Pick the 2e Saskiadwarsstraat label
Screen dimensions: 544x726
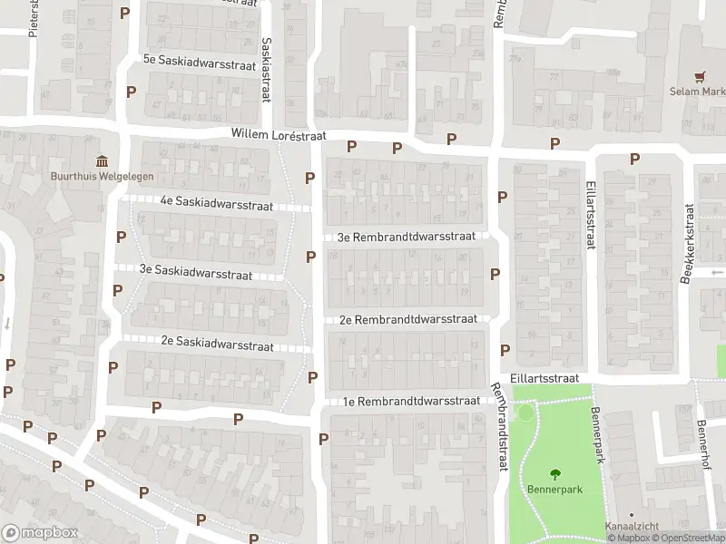tap(217, 345)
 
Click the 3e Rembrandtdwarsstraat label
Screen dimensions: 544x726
tap(407, 237)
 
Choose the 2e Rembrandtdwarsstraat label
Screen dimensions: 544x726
tap(408, 319)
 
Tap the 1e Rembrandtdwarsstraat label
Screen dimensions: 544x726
tap(410, 401)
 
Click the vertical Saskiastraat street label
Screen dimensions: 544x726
tap(266, 69)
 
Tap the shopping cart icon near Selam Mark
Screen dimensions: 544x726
tap(700, 77)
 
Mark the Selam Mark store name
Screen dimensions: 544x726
tap(698, 92)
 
